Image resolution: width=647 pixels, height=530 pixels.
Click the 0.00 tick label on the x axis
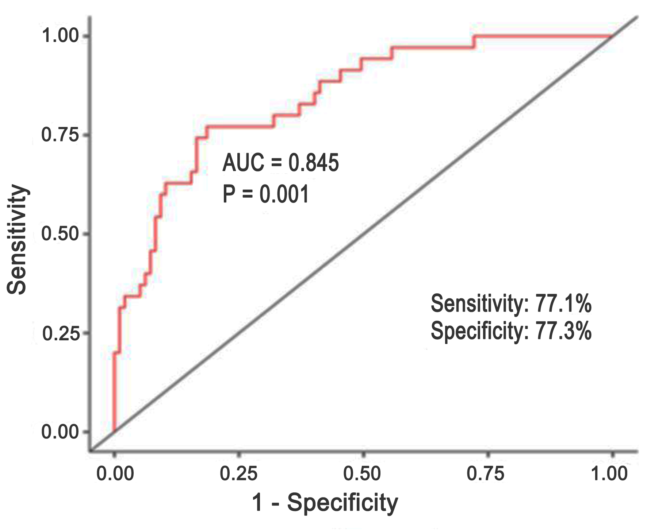(115, 474)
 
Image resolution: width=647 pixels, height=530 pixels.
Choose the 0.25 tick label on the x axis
(238, 474)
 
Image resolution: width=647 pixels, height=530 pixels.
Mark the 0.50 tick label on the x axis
(362, 474)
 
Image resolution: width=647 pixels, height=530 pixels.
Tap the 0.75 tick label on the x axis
(486, 474)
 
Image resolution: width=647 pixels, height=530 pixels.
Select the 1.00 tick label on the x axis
(609, 474)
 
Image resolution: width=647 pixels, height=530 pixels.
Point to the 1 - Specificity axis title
(325, 503)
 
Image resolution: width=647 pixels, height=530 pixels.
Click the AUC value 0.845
(314, 163)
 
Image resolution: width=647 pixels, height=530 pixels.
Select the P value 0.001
(284, 194)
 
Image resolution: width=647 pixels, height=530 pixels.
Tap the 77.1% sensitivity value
(563, 303)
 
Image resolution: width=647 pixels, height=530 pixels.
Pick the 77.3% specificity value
(563, 331)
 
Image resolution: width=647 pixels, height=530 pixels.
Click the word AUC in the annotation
(243, 163)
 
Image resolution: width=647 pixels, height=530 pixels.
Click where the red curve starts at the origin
(115, 432)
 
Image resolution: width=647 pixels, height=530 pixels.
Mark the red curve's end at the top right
(612, 36)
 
